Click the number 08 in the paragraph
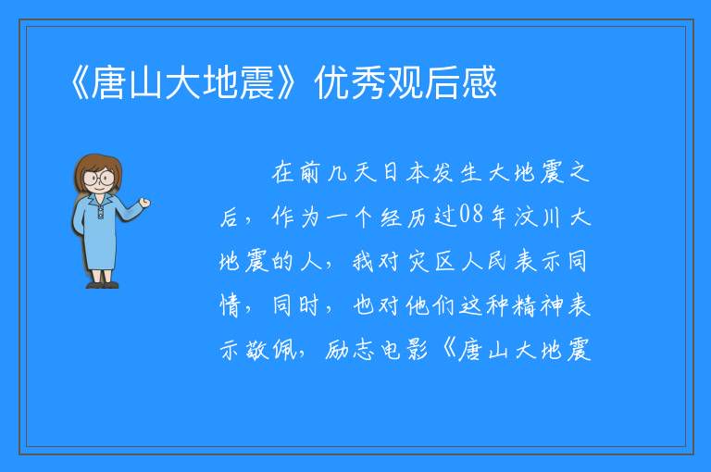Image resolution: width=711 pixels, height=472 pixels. pyautogui.click(x=471, y=215)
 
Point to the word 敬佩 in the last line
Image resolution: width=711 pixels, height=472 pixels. pyautogui.click(x=271, y=350)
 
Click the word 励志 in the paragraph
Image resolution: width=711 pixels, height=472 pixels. pyautogui.click(x=350, y=350)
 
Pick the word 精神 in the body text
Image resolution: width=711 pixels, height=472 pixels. pyautogui.click(x=538, y=305)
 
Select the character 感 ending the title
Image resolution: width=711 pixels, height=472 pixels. pyautogui.click(x=479, y=82)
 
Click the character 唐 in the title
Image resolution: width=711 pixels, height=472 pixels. pyautogui.click(x=109, y=82)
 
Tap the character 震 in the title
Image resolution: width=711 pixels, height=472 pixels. pyautogui.click(x=256, y=82)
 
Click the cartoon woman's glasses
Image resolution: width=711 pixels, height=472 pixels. pyautogui.click(x=99, y=178)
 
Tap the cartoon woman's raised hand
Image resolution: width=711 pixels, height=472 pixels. pyautogui.click(x=144, y=203)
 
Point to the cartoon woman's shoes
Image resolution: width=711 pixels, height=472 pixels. pyautogui.click(x=102, y=285)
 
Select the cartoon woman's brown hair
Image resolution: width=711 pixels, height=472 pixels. pyautogui.click(x=98, y=167)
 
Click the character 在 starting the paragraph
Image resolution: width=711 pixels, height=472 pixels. pyautogui.click(x=283, y=172)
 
